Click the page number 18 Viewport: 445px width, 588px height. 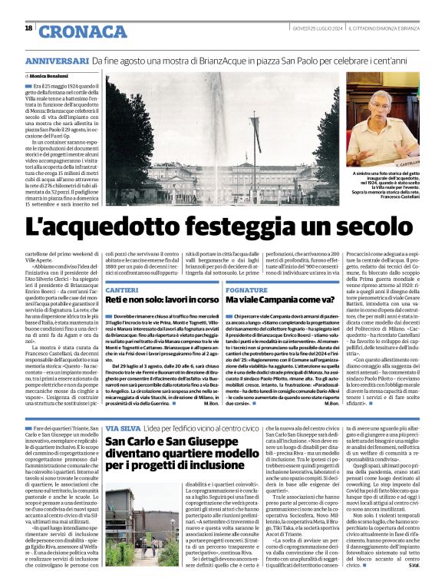(x=28, y=28)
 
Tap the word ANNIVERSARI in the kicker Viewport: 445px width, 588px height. (x=57, y=61)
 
